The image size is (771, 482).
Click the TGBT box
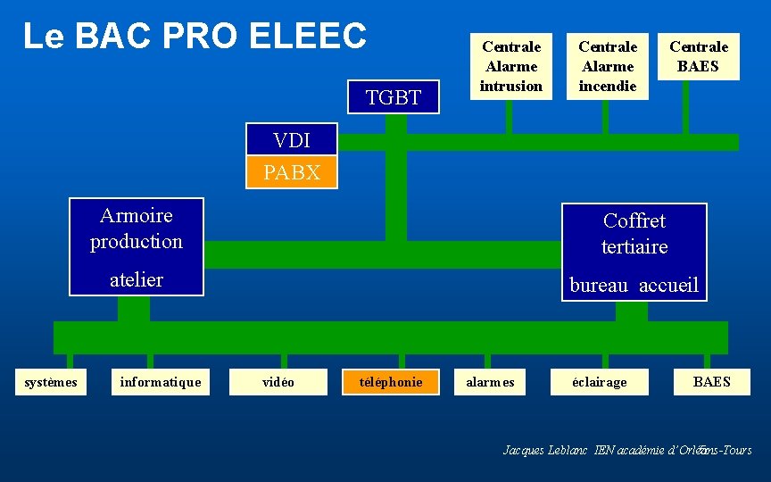[x=394, y=97]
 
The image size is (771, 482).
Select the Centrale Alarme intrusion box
[x=511, y=66]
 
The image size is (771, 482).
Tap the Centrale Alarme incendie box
[x=608, y=66]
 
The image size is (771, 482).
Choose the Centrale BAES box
[x=699, y=56]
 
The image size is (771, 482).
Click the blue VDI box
[x=292, y=140]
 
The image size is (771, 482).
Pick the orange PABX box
[x=292, y=172]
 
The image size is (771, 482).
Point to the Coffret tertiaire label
[x=634, y=233]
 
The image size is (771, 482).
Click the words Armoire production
[x=137, y=229]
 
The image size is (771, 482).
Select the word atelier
[x=137, y=279]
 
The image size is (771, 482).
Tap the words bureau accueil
[x=634, y=286]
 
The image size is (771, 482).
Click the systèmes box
[x=51, y=382]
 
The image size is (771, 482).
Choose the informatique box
[x=161, y=382]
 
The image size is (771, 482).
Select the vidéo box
[x=278, y=382]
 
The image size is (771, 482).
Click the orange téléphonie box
[x=391, y=382]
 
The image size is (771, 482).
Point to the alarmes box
[x=491, y=382]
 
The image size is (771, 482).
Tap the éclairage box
[x=601, y=382]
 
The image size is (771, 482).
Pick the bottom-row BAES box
[x=712, y=382]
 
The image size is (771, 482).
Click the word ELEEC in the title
[x=309, y=36]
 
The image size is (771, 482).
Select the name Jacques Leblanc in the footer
[x=545, y=451]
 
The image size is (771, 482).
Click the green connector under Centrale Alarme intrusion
[x=508, y=116]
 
